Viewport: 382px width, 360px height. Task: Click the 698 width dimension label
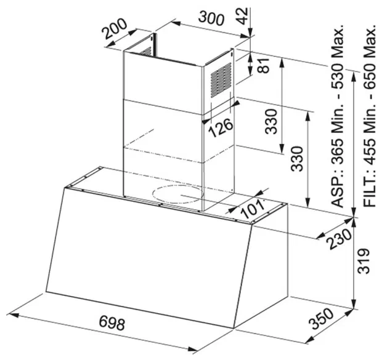(x=112, y=324)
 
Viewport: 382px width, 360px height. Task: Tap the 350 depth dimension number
(x=321, y=319)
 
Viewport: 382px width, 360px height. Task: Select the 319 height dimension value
(x=364, y=261)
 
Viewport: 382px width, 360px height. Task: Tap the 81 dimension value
(x=264, y=65)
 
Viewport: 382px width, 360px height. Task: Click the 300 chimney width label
(x=211, y=18)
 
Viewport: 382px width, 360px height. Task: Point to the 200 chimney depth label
(x=115, y=29)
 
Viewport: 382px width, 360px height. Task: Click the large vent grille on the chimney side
(x=221, y=80)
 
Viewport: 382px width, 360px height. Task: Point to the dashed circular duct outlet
(x=177, y=194)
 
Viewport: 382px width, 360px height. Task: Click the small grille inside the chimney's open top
(x=145, y=52)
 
